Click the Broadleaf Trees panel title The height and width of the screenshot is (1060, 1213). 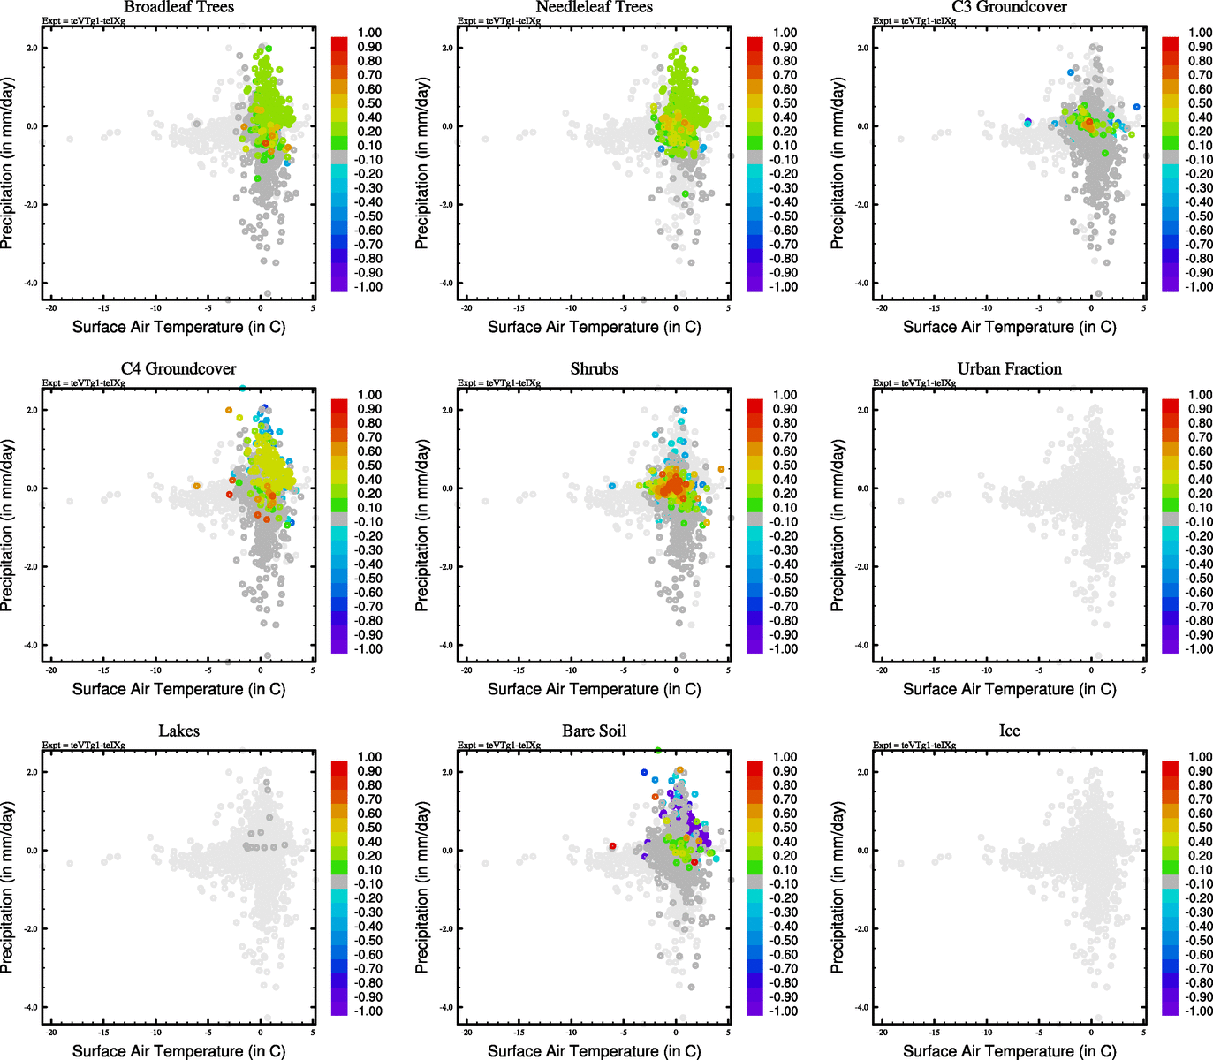point(178,7)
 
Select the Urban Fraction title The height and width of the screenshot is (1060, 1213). point(1009,368)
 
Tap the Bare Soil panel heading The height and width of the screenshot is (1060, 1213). point(594,731)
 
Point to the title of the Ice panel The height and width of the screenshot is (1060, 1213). point(1009,731)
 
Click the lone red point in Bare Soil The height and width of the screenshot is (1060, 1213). point(612,846)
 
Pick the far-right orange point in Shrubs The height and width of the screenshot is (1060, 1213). point(721,469)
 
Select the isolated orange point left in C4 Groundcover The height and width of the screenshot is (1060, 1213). point(197,486)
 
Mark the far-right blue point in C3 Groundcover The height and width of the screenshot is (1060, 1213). point(1136,107)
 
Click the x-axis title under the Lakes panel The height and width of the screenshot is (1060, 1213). point(178,1050)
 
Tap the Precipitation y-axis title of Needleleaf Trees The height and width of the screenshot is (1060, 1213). point(421,163)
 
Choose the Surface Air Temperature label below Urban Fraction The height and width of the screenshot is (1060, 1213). point(1009,688)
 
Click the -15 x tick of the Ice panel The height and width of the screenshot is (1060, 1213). point(934,1032)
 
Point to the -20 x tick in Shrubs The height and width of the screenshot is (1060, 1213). point(466,670)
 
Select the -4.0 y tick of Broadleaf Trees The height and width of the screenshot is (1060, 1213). point(31,283)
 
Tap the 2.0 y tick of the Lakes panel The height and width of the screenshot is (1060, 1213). point(31,772)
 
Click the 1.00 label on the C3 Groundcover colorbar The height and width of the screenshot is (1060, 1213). point(1200,33)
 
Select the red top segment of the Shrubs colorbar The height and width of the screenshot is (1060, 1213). point(754,405)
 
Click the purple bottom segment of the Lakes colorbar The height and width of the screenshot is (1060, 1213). point(339,1008)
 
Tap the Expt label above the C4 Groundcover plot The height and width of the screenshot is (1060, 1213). point(83,382)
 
